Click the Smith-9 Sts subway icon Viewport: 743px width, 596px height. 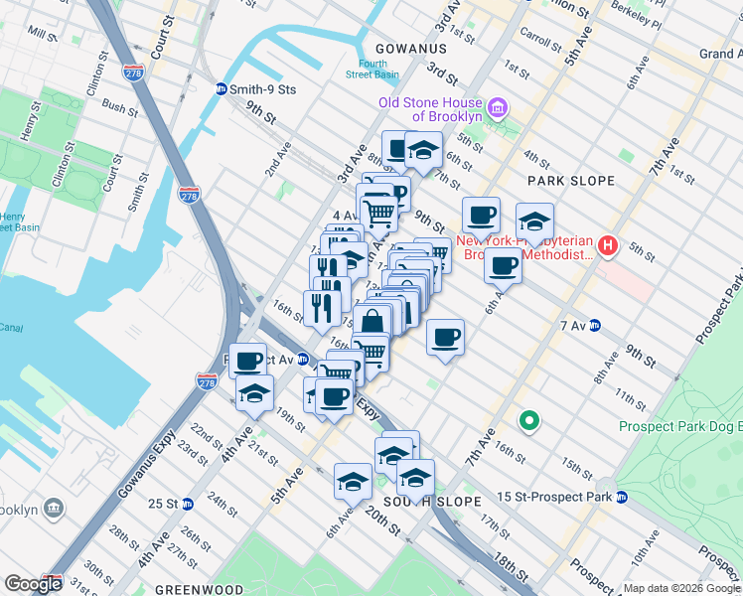coord(221,88)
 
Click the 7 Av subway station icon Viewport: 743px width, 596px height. coord(595,325)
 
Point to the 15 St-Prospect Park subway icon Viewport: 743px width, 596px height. coord(621,496)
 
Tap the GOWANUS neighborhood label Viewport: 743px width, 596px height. coord(410,48)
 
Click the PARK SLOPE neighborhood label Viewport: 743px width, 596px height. coord(571,181)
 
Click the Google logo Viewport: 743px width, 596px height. coord(33,584)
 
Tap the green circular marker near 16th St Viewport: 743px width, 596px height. coord(529,420)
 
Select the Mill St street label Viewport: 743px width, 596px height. coord(43,35)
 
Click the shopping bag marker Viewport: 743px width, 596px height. coord(372,322)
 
